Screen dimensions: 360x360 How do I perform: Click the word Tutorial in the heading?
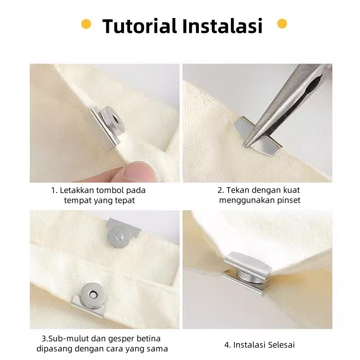click(139, 26)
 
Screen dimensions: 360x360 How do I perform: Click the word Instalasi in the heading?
click(222, 26)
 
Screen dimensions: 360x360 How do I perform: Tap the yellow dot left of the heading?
click(86, 24)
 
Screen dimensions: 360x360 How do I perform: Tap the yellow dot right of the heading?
click(282, 24)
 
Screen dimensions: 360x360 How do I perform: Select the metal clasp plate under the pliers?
click(257, 137)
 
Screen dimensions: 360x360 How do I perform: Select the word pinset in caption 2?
click(289, 200)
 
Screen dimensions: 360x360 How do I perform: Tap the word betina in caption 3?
click(149, 339)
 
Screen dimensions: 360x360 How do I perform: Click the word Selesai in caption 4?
click(281, 345)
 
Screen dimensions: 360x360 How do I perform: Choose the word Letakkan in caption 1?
click(76, 190)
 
